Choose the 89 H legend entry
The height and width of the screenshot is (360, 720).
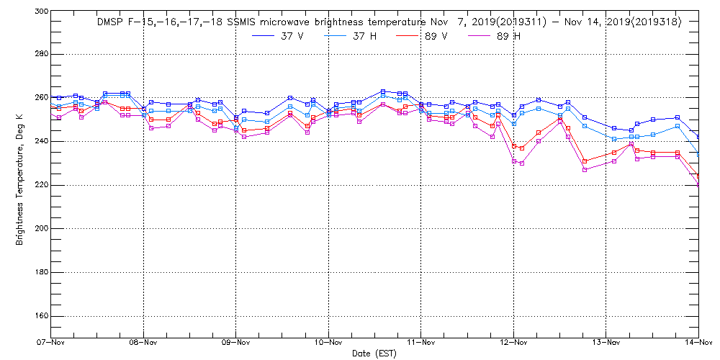coord(508,37)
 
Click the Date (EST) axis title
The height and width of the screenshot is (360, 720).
coord(374,354)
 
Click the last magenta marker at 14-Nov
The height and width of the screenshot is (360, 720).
coord(698,184)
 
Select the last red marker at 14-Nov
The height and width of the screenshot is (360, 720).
coord(698,176)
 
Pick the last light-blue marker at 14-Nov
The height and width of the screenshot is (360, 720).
coord(698,154)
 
